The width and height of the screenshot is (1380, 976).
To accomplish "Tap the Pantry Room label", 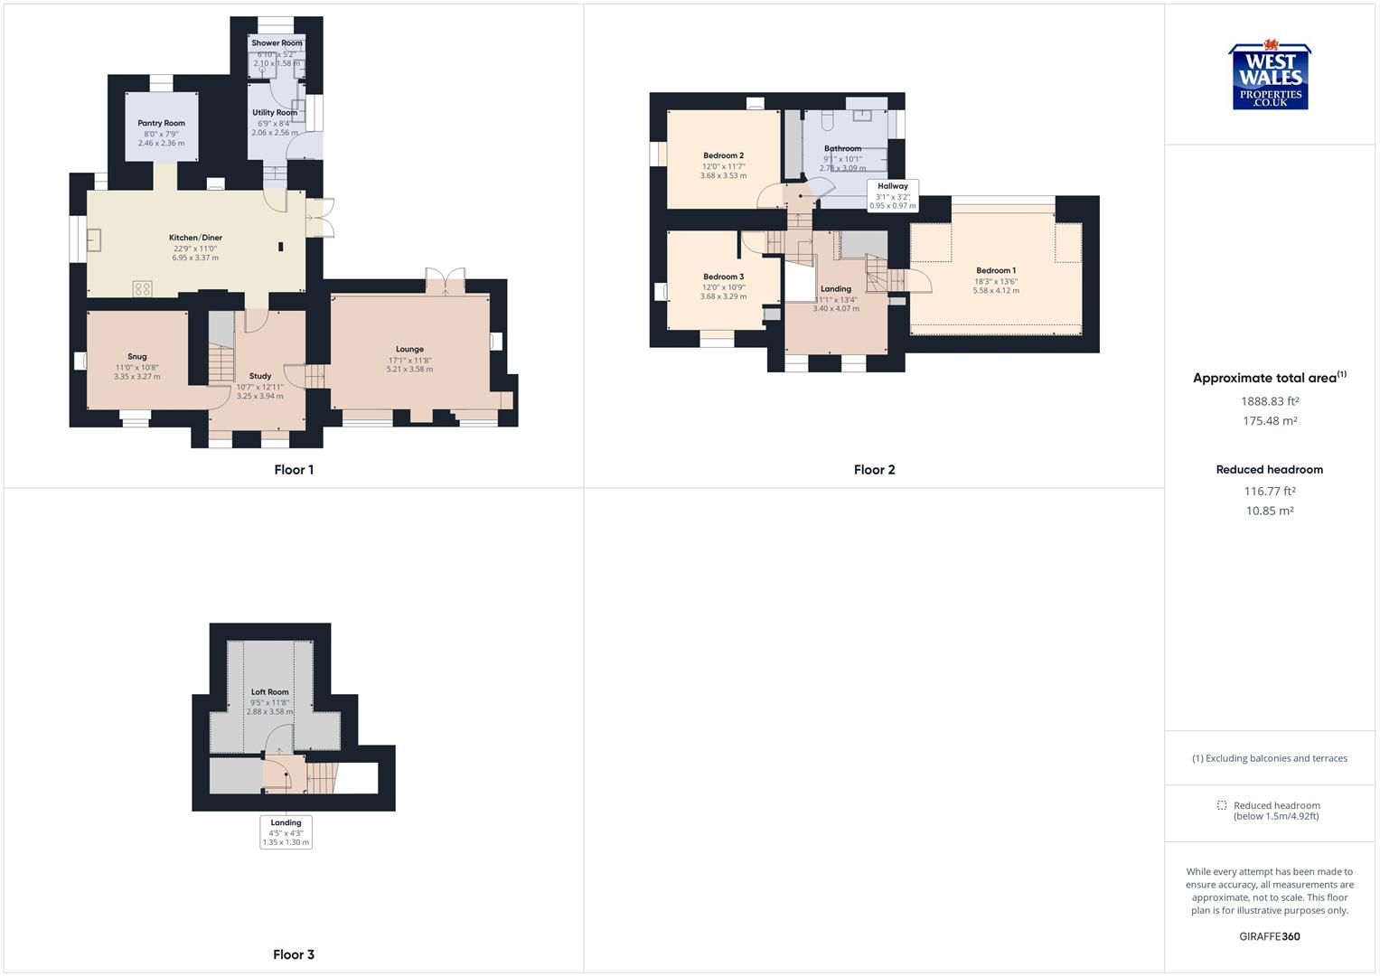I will (162, 124).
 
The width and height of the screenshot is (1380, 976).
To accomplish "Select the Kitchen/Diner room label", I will (195, 238).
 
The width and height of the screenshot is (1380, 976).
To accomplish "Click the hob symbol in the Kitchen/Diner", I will (142, 288).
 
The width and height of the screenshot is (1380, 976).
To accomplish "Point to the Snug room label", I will (137, 357).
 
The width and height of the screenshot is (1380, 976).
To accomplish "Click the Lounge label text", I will (409, 349).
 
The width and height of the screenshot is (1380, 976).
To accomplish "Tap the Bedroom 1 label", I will (996, 270).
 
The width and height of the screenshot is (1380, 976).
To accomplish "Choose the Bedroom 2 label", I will (723, 155).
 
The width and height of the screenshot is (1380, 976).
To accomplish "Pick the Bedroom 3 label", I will (723, 277).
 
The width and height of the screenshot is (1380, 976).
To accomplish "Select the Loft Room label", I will (269, 692).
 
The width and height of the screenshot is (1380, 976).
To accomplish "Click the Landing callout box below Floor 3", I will (286, 831).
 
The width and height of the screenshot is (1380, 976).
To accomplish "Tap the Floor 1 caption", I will (294, 470).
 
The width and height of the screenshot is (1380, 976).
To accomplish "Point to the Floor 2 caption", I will (874, 470).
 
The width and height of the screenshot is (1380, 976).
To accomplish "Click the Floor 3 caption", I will (294, 954).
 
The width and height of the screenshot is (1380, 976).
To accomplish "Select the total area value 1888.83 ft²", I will (1270, 401).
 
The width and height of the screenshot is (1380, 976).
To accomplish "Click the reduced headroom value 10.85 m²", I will (1270, 511).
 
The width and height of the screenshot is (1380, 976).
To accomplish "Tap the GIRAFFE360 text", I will (1270, 936).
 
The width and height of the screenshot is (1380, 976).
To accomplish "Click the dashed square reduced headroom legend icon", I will (1222, 805).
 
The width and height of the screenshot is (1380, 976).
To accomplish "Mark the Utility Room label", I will (275, 113).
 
